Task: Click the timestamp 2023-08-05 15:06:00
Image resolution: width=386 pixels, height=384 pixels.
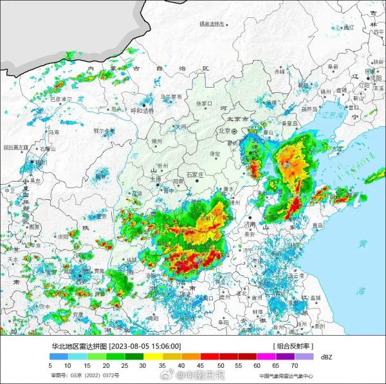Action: [x=145, y=346]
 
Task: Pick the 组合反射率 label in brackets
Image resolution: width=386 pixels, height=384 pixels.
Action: [x=295, y=346]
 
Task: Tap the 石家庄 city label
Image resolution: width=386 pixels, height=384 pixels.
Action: [x=194, y=174]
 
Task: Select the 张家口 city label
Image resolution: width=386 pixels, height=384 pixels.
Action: [x=204, y=103]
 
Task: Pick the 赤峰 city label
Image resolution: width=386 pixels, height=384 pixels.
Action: [x=280, y=72]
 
